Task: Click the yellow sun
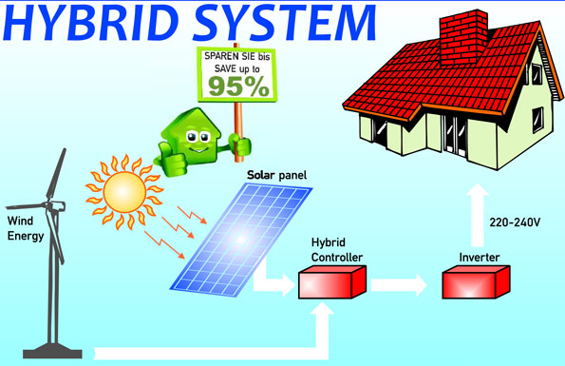(123, 186)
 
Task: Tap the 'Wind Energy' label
(25, 229)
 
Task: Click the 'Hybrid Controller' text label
(330, 249)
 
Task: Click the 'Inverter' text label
(473, 257)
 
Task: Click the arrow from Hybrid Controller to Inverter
(403, 282)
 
